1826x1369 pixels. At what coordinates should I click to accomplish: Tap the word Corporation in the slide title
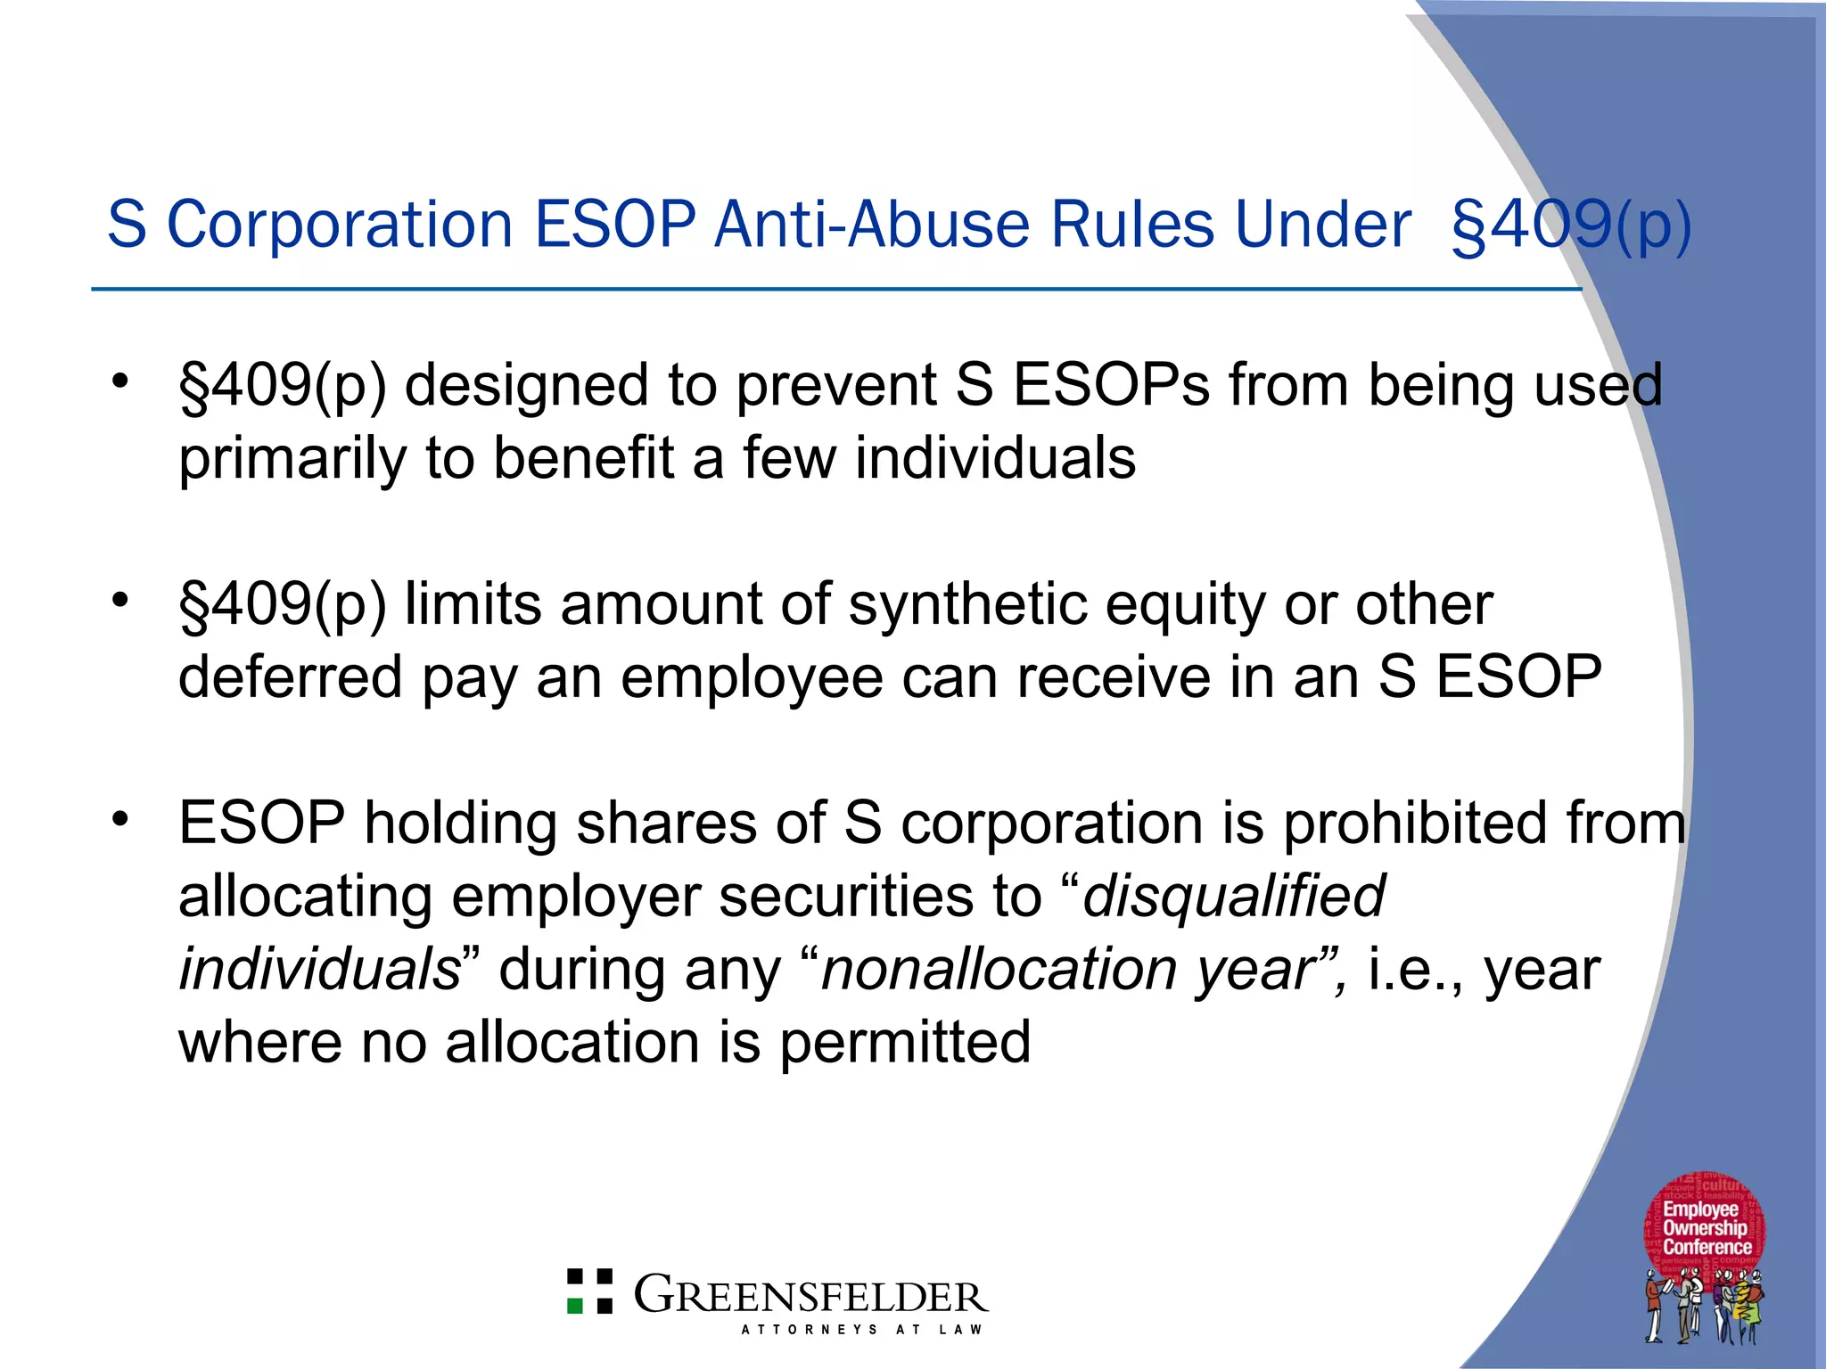[x=340, y=224]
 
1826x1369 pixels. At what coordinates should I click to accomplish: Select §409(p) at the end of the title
[x=1571, y=225]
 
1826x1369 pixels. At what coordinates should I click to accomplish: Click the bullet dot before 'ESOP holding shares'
[x=120, y=818]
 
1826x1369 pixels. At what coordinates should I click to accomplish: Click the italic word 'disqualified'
[x=1233, y=896]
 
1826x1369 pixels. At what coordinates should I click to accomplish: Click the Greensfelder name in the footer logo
[x=810, y=1296]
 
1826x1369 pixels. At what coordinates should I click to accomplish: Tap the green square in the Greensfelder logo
[x=576, y=1305]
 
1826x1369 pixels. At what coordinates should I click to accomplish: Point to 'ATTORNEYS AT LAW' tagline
[x=861, y=1330]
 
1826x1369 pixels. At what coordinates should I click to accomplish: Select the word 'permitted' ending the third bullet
[x=904, y=1042]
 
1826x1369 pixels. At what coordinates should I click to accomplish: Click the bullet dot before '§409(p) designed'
[x=120, y=381]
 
